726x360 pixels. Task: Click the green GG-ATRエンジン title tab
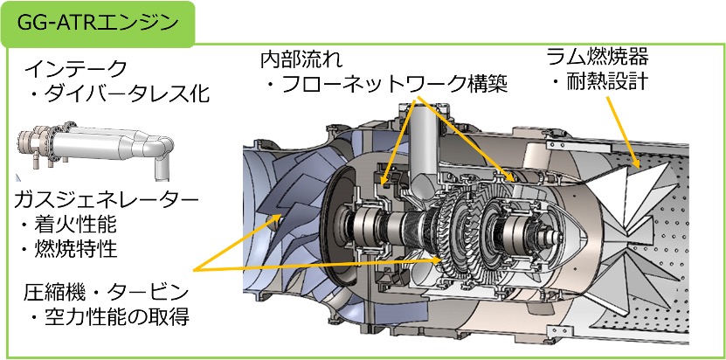98,24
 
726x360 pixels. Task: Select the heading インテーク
76,70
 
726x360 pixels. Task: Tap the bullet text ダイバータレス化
120,94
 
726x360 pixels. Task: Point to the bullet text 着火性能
67,225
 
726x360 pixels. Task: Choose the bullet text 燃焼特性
67,250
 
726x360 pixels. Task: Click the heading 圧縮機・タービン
107,293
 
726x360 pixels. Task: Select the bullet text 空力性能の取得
111,317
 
